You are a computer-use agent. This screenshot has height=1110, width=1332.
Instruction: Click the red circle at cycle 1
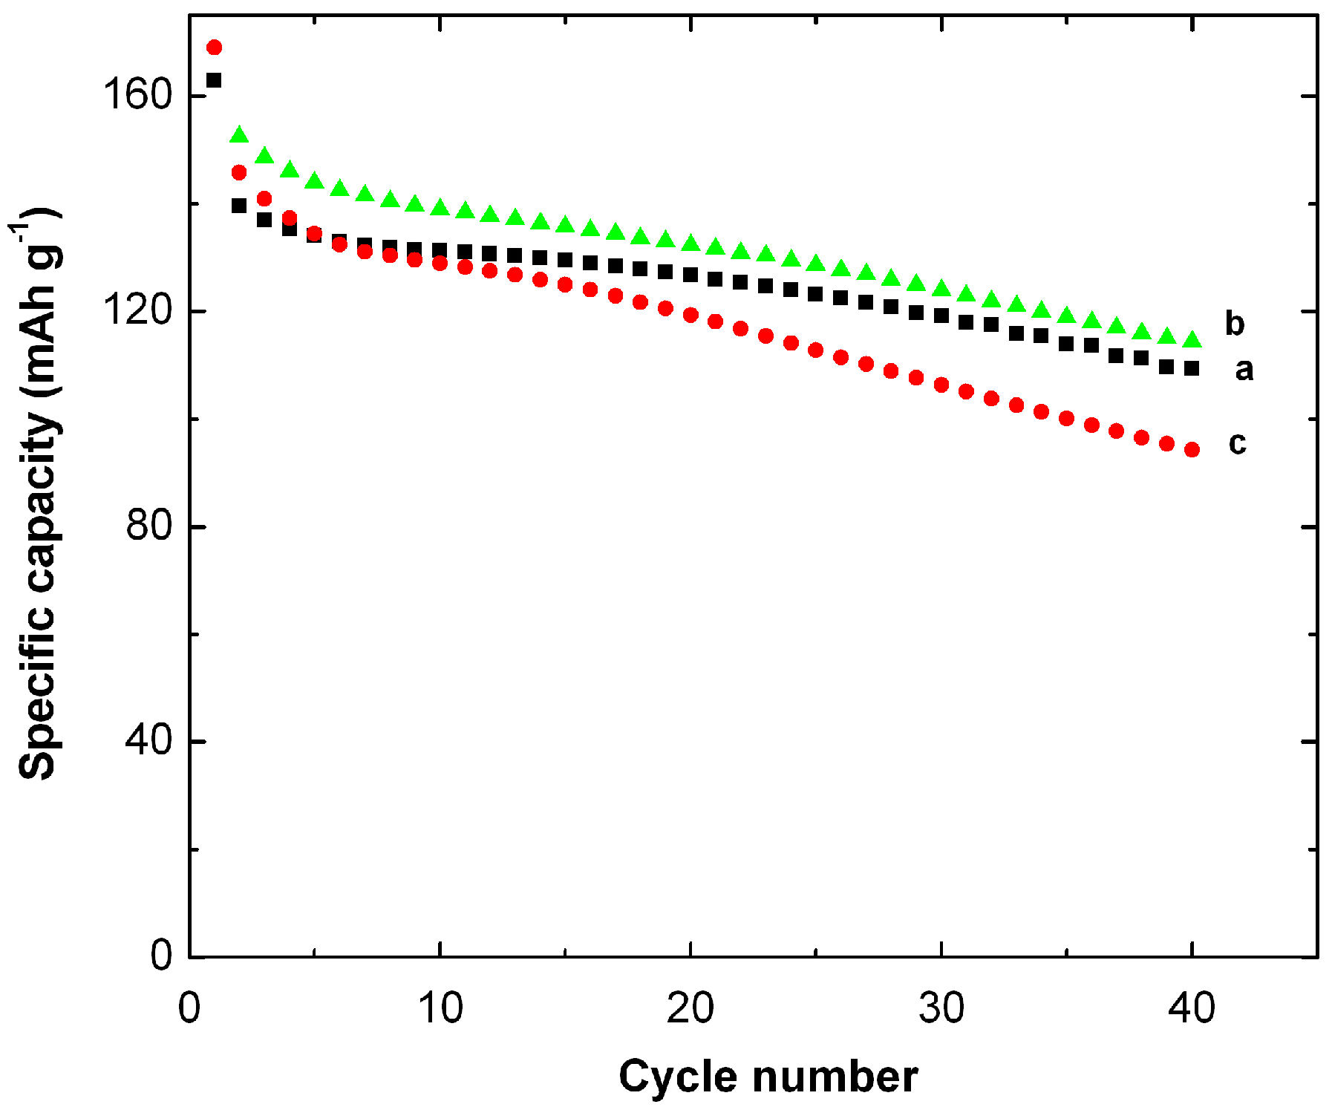point(214,48)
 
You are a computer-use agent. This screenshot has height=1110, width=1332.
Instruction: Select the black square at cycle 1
point(214,80)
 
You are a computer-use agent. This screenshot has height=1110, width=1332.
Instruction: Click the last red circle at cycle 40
point(1192,449)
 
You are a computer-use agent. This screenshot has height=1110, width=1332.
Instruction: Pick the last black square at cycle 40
point(1192,368)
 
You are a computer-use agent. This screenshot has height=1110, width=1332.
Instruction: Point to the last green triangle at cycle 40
point(1192,340)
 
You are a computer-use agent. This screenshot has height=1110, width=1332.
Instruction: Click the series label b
point(1235,323)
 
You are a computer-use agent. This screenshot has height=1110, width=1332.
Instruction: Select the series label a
point(1244,369)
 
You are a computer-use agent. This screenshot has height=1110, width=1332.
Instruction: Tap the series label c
point(1237,443)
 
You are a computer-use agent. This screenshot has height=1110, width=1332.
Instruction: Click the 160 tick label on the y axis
point(137,95)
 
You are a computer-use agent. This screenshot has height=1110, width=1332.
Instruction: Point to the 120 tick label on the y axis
point(137,310)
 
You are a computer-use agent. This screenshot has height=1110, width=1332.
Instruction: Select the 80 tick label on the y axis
point(148,526)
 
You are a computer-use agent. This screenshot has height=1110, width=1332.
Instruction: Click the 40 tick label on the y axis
point(148,740)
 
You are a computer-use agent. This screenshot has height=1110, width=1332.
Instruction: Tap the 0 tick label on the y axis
point(161,956)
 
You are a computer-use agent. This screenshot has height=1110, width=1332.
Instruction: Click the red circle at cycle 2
point(239,173)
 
